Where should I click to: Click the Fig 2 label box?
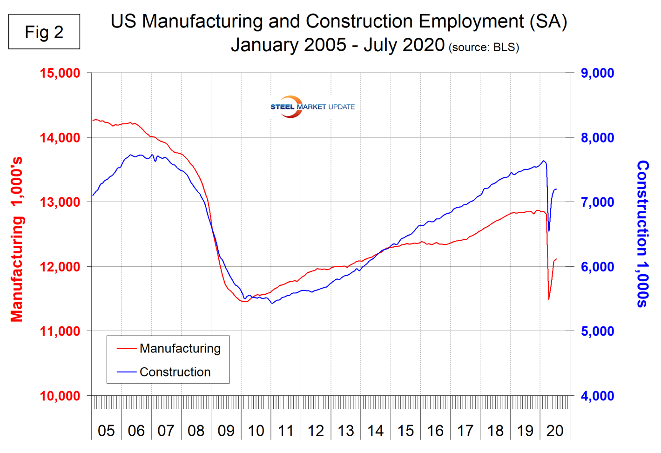click(44, 32)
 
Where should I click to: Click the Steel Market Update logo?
click(312, 107)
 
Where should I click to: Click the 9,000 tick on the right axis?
click(597, 73)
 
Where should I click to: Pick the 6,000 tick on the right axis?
click(597, 267)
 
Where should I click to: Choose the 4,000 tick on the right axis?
click(597, 396)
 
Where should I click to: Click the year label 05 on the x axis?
click(106, 431)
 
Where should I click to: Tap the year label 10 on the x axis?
click(256, 431)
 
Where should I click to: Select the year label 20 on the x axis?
click(554, 431)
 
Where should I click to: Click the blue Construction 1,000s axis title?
click(642, 234)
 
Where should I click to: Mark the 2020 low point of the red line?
click(549, 299)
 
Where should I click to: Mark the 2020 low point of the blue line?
click(549, 231)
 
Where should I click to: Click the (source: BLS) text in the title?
click(484, 47)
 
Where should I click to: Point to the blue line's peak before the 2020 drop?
click(544, 161)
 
